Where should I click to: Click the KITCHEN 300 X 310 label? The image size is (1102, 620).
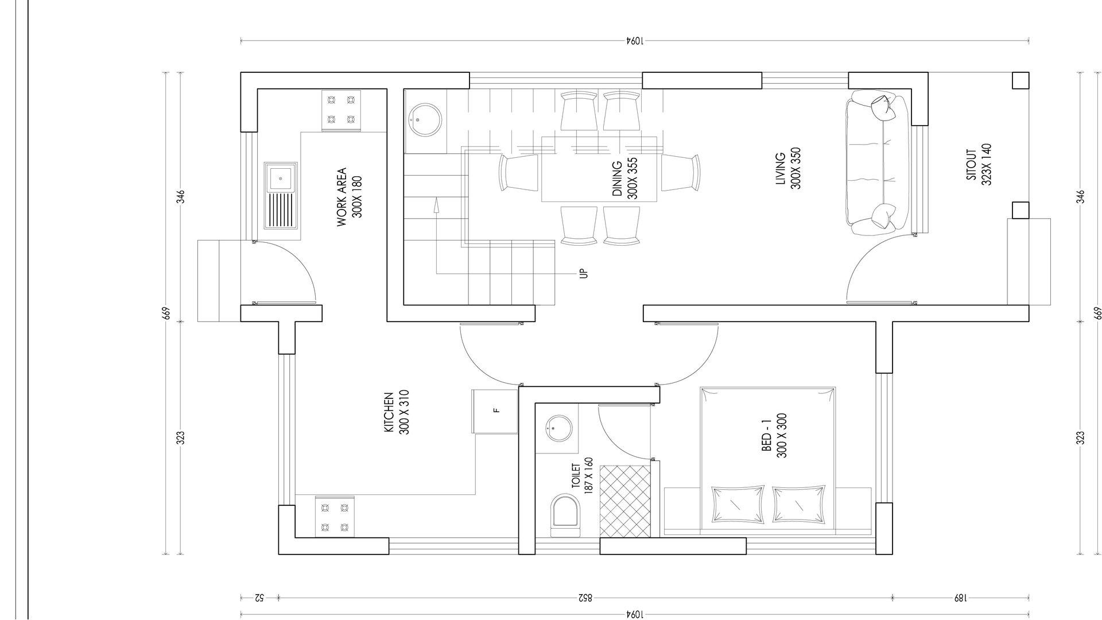click(396, 413)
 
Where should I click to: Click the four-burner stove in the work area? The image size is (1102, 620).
click(341, 110)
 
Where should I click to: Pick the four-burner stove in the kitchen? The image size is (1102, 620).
click(335, 517)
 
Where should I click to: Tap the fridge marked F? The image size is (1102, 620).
click(495, 411)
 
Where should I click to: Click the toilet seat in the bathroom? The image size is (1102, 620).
click(565, 516)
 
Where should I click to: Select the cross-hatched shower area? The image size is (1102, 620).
click(625, 501)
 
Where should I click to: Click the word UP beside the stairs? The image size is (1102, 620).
click(584, 273)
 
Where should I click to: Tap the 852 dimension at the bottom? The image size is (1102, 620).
click(584, 598)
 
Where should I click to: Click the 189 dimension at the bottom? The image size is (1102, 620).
click(960, 598)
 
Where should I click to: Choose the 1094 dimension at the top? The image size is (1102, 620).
click(634, 41)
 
